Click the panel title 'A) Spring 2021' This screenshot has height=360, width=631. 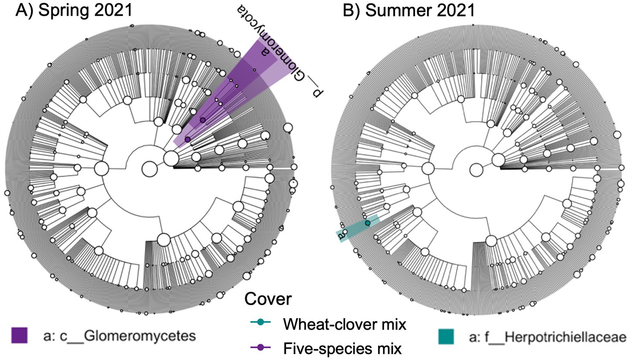tap(74, 10)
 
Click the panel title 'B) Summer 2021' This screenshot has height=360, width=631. tap(409, 10)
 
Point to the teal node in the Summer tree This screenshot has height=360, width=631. tap(368, 223)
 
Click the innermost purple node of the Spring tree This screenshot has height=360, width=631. tap(188, 139)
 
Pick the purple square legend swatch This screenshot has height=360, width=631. tap(19, 336)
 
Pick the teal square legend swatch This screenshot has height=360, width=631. tap(446, 336)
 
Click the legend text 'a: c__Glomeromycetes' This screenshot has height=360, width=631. tap(119, 336)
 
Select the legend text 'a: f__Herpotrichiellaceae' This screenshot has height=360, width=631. tap(548, 337)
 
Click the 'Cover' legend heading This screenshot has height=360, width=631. tap(268, 299)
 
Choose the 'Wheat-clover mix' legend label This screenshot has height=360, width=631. tap(344, 324)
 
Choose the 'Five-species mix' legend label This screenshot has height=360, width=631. tap(342, 349)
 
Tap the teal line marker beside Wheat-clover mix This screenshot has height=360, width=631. tap(260, 323)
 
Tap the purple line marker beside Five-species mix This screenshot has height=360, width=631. tap(260, 348)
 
